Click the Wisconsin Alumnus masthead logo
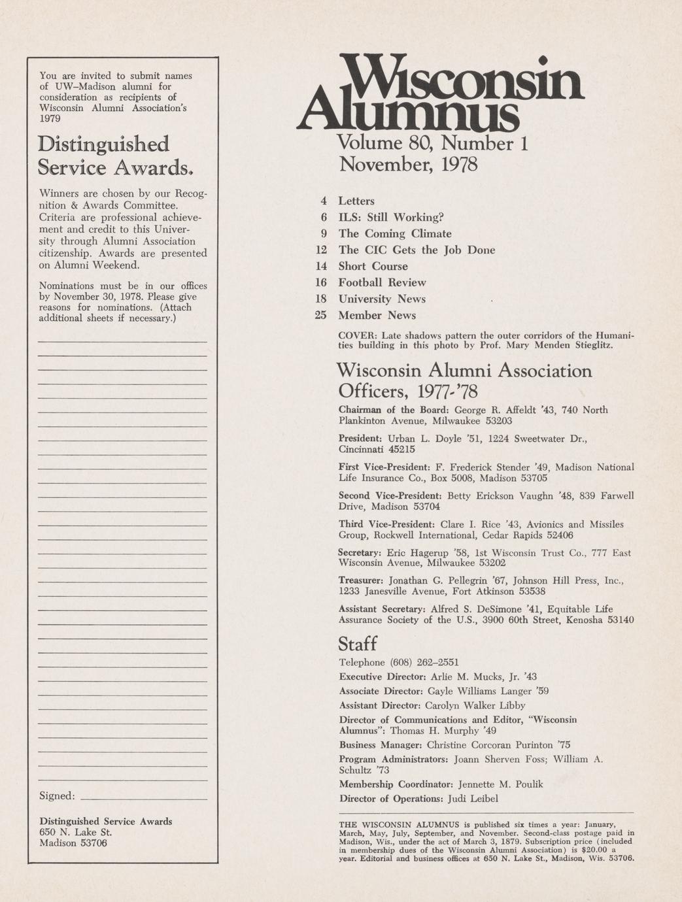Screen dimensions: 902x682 pyautogui.click(x=439, y=93)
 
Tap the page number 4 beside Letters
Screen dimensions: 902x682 pyautogui.click(x=322, y=201)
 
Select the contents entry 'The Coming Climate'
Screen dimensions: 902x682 pyautogui.click(x=394, y=234)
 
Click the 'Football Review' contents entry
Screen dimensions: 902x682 pyautogui.click(x=382, y=283)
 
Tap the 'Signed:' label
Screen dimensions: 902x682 pyautogui.click(x=57, y=796)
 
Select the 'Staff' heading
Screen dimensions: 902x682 pyautogui.click(x=358, y=644)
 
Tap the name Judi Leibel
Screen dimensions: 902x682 pyautogui.click(x=472, y=799)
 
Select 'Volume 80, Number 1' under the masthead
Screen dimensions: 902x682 pyautogui.click(x=432, y=143)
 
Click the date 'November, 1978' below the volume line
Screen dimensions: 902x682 pyautogui.click(x=408, y=164)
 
